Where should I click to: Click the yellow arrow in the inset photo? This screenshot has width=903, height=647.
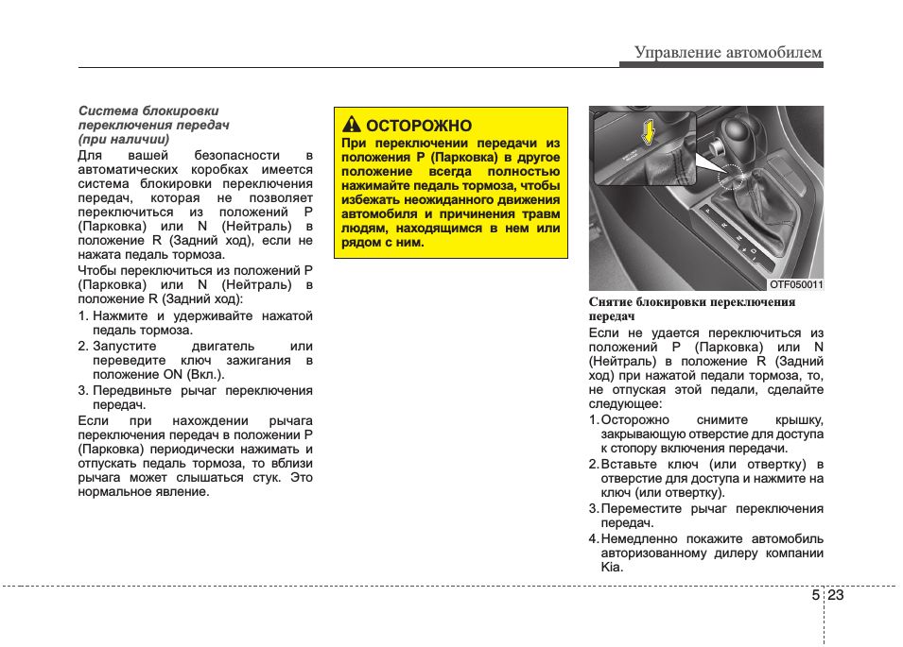point(649,132)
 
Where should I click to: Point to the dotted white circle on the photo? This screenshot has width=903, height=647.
point(731,174)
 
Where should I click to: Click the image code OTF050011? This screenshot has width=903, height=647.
point(795,283)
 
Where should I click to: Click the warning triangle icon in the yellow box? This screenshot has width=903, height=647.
point(352,126)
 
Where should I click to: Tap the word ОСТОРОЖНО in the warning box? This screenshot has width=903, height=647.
point(418,126)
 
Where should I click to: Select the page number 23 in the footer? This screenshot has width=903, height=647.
point(837,596)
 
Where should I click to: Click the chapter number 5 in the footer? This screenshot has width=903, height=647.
point(815,596)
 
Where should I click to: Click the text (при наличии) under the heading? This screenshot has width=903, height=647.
point(124,139)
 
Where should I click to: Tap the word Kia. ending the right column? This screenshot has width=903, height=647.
point(612,568)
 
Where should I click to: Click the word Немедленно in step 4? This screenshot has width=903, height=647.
point(643,538)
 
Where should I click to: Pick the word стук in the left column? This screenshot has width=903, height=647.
point(269,477)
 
